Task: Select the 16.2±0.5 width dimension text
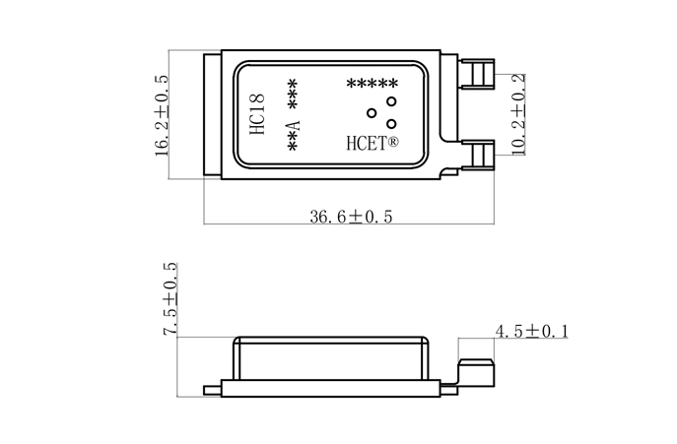(x=163, y=115)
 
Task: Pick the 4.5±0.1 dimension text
(x=532, y=332)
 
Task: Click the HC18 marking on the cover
(x=256, y=116)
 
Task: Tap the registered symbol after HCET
(x=393, y=142)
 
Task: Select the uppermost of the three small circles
(x=391, y=101)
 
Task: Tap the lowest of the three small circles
(x=391, y=123)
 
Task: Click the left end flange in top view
(x=211, y=116)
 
